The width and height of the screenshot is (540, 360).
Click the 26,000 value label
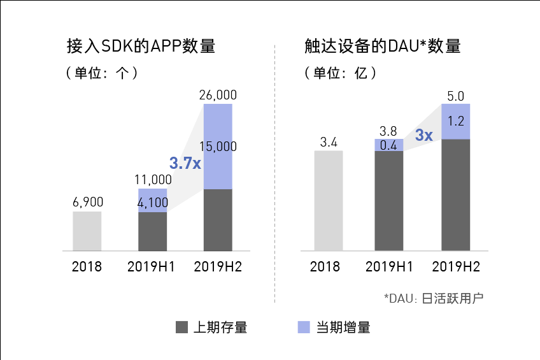click(x=218, y=96)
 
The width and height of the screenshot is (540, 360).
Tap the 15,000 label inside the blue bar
click(x=218, y=147)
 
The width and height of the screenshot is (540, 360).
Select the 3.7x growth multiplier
click(x=185, y=163)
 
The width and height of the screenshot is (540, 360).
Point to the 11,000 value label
click(x=153, y=180)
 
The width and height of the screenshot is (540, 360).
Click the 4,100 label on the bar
click(x=153, y=203)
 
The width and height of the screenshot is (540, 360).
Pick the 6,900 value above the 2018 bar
click(x=88, y=203)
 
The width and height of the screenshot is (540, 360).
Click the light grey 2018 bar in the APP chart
click(x=87, y=231)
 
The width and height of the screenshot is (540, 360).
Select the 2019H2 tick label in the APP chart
click(x=218, y=266)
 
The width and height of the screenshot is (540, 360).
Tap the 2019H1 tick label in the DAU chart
click(x=390, y=266)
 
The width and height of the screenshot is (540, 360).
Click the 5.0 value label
click(x=455, y=96)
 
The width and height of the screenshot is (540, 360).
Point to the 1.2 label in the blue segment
click(x=455, y=121)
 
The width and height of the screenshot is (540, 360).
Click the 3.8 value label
click(x=388, y=131)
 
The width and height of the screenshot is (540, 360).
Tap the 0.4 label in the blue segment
click(x=388, y=145)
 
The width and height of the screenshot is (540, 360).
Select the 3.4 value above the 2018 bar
click(x=329, y=143)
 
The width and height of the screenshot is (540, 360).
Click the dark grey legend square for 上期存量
click(x=181, y=328)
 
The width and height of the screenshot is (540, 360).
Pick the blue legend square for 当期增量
click(x=304, y=328)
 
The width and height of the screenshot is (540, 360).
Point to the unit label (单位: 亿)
click(x=341, y=72)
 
